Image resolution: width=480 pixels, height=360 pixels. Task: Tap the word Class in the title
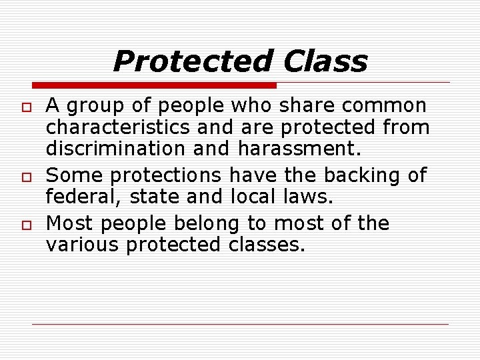tap(325, 62)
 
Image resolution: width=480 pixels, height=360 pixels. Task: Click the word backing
tap(364, 175)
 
